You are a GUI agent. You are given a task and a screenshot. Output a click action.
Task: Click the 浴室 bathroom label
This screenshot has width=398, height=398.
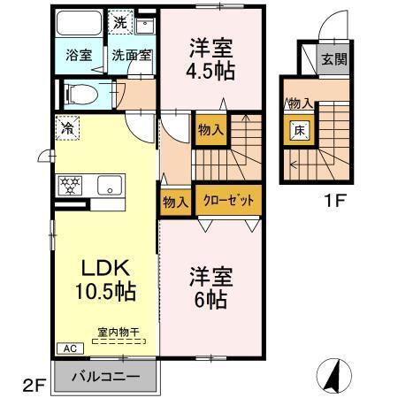tap(79, 55)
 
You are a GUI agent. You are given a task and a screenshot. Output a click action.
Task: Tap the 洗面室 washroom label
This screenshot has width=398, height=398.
tap(132, 55)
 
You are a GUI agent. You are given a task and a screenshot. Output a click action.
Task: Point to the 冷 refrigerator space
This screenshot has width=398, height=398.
tap(67, 128)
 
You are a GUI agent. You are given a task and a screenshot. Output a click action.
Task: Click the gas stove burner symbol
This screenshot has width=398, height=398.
tap(70, 185)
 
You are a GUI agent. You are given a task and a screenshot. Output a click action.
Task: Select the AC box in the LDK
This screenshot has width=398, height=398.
tap(66, 348)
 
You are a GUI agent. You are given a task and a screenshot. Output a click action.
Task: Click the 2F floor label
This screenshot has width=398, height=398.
tap(33, 387)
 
